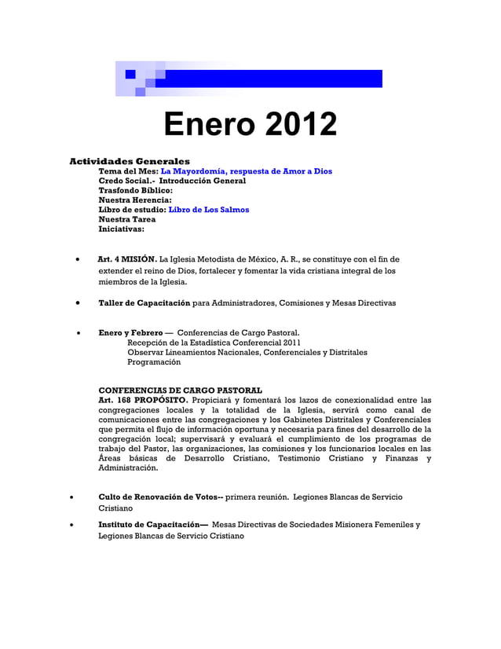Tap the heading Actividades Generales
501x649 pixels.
point(130,161)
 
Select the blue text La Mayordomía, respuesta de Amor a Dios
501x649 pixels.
point(246,170)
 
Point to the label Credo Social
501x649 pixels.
point(128,181)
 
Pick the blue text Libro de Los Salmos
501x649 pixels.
point(209,210)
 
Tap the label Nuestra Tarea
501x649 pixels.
point(126,220)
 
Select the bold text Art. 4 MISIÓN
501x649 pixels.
point(127,258)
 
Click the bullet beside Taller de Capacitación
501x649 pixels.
point(78,302)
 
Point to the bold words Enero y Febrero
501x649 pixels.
point(130,332)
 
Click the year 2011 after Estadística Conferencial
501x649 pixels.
point(291,343)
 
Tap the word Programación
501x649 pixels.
point(154,362)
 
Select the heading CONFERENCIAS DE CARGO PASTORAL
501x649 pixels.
point(180,390)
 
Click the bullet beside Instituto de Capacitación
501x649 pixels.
point(72,524)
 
